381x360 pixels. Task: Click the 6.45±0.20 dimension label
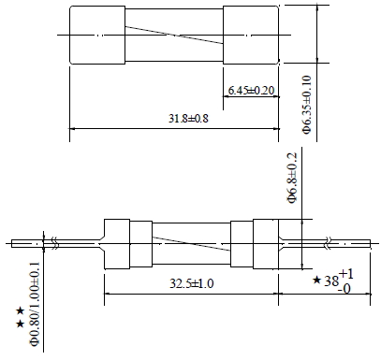pos(251,91)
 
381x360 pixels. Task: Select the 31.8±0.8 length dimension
pos(188,119)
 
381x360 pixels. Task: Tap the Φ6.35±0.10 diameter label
pos(307,104)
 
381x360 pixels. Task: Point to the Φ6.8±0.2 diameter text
pos(292,178)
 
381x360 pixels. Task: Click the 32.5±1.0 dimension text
pos(192,283)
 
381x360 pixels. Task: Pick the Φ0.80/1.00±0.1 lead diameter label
pos(35,304)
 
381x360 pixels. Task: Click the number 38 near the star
pos(331,281)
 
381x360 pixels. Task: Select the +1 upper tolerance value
pos(346,274)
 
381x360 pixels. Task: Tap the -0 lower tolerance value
pos(344,289)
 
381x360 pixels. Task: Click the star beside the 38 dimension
pos(316,280)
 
